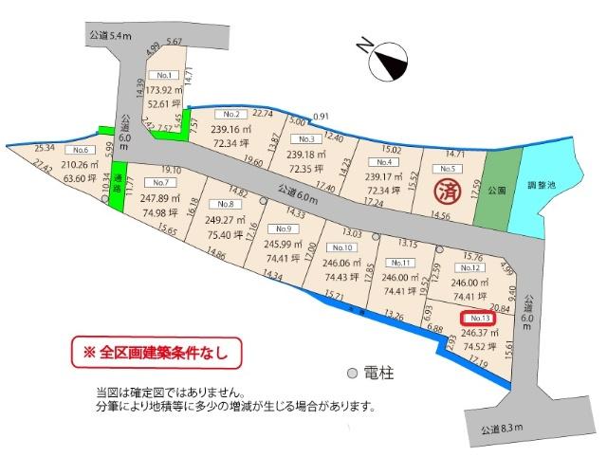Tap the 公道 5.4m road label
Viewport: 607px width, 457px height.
(x=104, y=36)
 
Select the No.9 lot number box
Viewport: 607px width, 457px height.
(x=281, y=228)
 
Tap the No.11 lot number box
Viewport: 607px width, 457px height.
(x=400, y=263)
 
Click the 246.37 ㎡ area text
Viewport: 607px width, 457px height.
(x=478, y=333)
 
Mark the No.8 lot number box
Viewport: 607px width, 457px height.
(x=225, y=205)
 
